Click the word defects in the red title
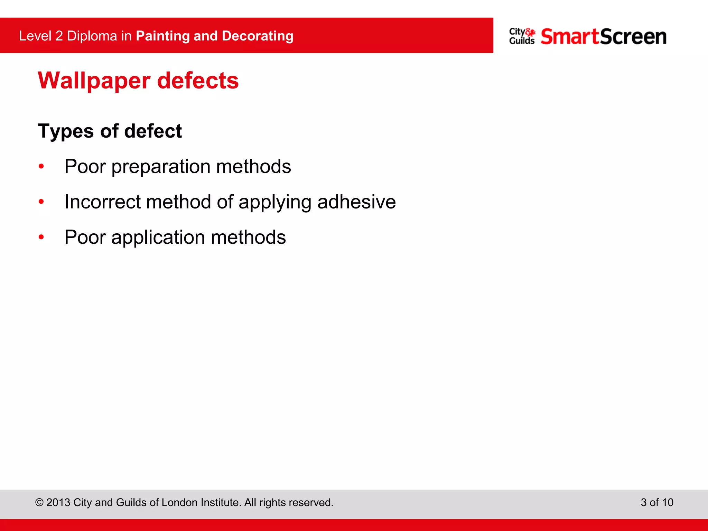pos(198,81)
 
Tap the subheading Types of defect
pos(110,131)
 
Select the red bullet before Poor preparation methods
pos(41,167)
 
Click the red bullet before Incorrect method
pos(41,202)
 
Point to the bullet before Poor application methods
pos(41,237)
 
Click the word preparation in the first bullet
pos(161,167)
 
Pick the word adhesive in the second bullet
pos(356,202)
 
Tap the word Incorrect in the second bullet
pos(102,202)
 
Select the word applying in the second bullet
pos(275,203)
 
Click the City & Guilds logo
pos(522,36)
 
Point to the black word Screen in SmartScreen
pos(633,37)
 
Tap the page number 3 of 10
pos(657,502)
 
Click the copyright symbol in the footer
pos(39,503)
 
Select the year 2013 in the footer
pos(58,502)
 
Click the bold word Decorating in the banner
pos(258,36)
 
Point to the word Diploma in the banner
pos(92,36)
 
